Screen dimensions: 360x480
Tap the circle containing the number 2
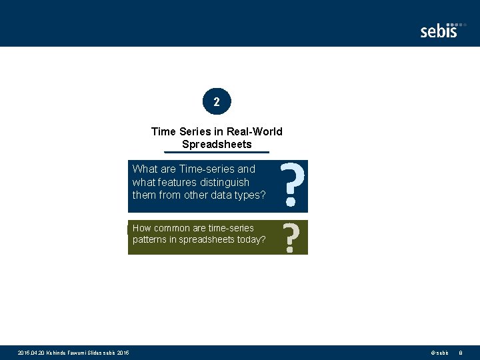pyautogui.click(x=217, y=102)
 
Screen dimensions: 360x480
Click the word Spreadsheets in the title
pyautogui.click(x=217, y=144)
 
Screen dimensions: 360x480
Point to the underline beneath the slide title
pyautogui.click(x=217, y=153)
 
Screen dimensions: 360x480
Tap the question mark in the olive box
pyautogui.click(x=290, y=237)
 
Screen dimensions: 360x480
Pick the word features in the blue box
pyautogui.click(x=177, y=182)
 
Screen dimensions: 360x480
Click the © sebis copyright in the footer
pyautogui.click(x=439, y=352)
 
